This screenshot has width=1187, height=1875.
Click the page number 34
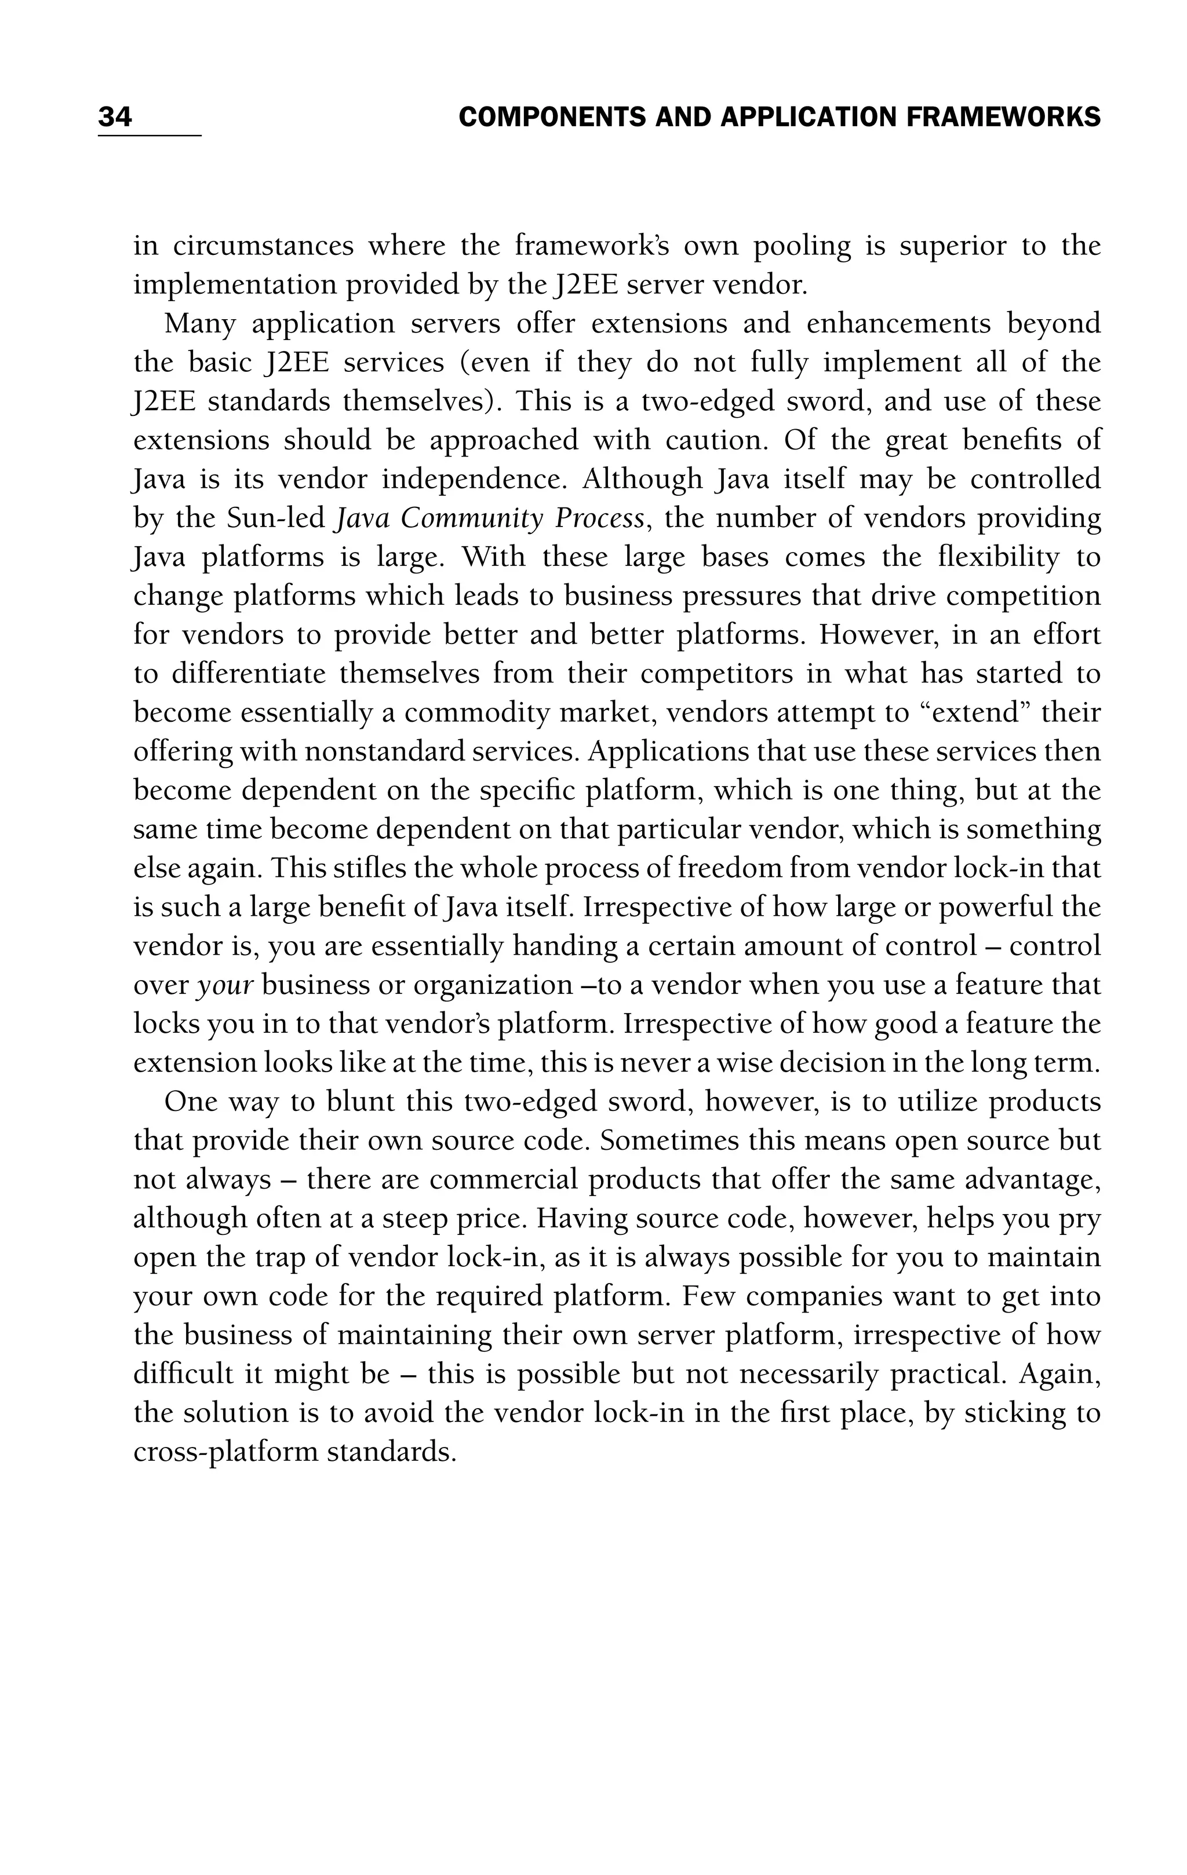tap(115, 118)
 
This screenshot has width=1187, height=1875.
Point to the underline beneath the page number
tap(150, 136)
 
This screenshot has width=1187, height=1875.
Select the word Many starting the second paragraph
tap(199, 324)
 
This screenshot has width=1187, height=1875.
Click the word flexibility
tap(995, 557)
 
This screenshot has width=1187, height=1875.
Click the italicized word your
tap(225, 986)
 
